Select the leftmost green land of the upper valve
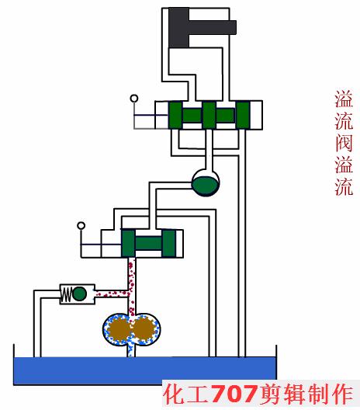point(175,115)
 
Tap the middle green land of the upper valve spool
point(209,115)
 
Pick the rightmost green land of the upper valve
point(244,115)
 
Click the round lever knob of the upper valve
point(135,98)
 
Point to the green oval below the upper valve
point(206,184)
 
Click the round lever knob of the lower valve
point(81,227)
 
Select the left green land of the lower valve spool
point(129,243)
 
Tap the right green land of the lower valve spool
point(167,243)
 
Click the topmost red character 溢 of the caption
point(343,99)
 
